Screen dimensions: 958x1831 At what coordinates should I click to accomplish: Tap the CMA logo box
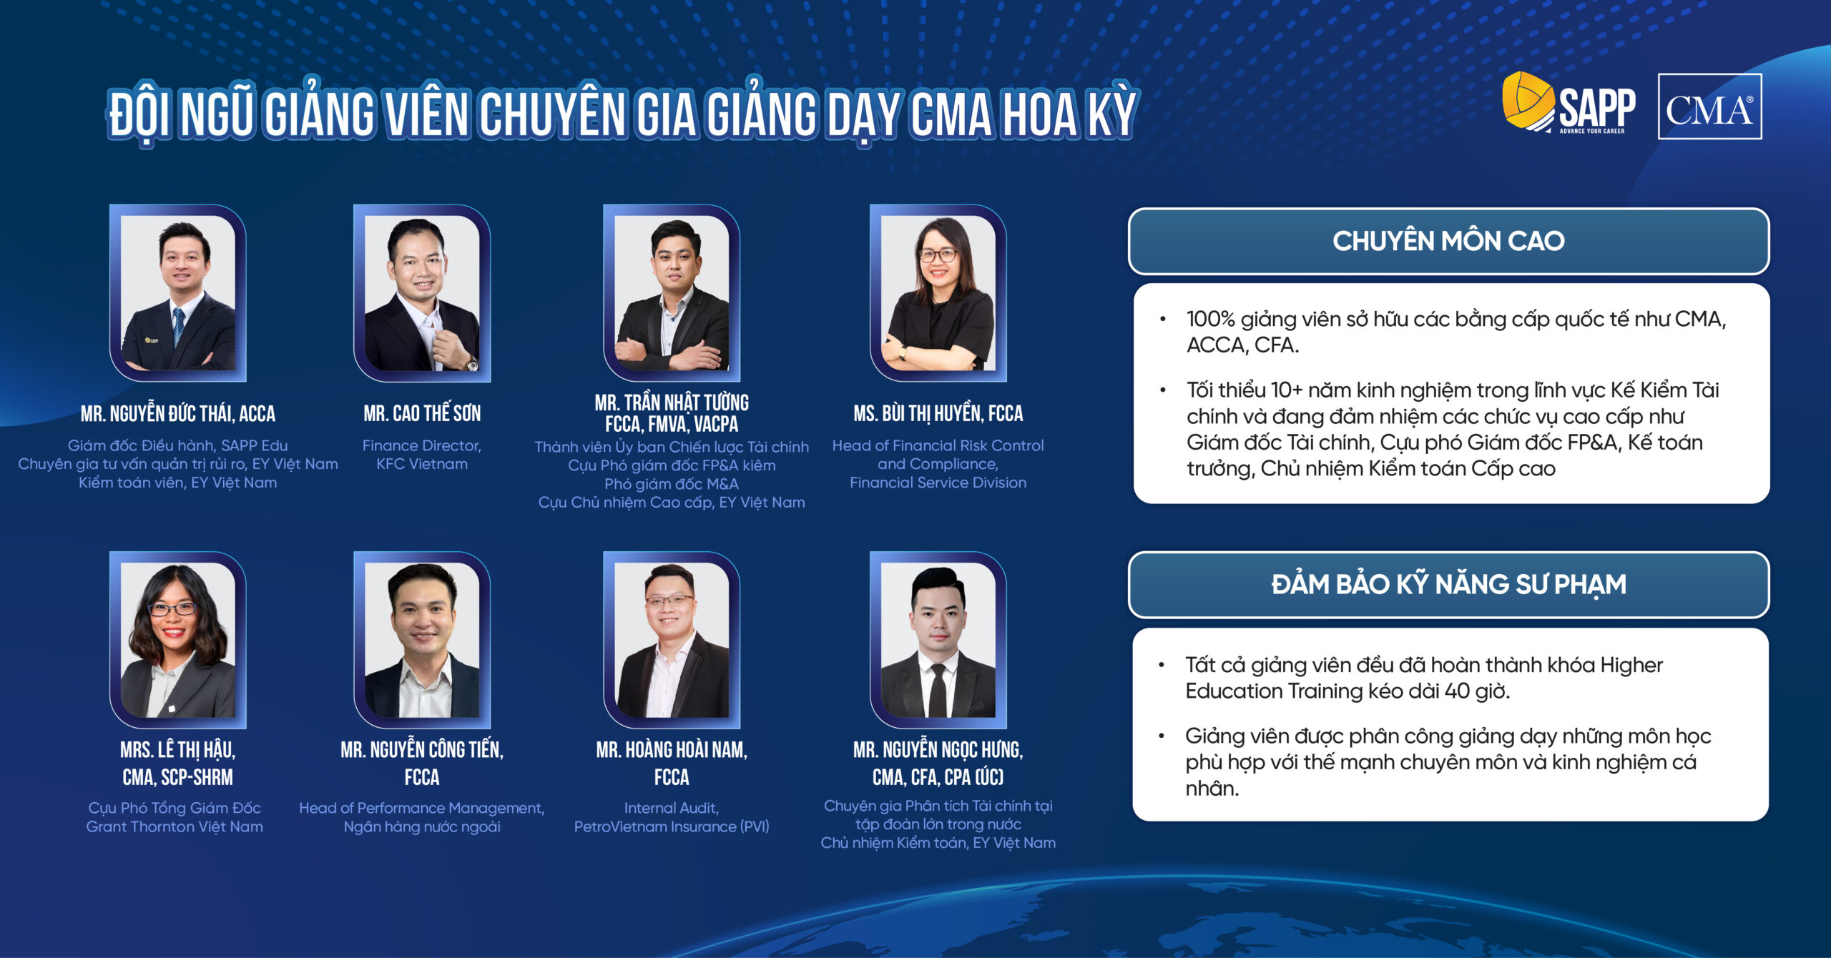(x=1709, y=107)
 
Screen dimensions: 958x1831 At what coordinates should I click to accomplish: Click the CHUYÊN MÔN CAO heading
(x=1448, y=241)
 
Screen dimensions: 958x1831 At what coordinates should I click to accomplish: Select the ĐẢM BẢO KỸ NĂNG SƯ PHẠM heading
(x=1448, y=584)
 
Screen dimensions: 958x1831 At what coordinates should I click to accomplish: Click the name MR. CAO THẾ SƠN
(x=422, y=413)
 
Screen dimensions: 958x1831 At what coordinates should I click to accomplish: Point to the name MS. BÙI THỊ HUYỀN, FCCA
(x=938, y=413)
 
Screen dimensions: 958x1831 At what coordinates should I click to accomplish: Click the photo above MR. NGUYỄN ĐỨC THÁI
(x=178, y=293)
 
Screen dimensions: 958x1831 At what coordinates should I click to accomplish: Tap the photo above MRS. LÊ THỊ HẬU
(x=178, y=640)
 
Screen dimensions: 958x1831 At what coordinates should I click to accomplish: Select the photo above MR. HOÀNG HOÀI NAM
(x=672, y=640)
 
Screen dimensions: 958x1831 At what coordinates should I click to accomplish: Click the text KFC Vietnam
(x=422, y=464)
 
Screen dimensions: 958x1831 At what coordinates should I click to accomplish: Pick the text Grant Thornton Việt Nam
(x=175, y=826)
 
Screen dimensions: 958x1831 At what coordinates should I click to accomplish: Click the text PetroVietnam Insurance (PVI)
(x=672, y=826)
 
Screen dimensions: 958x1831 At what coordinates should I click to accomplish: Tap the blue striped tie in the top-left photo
(x=178, y=325)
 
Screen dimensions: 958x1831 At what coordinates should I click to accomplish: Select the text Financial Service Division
(x=938, y=483)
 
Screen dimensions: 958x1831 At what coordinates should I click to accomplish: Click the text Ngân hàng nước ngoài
(x=422, y=826)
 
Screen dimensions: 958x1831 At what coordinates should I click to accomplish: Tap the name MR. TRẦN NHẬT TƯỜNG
(x=672, y=403)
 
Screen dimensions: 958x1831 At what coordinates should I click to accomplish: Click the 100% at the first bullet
(x=1210, y=319)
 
